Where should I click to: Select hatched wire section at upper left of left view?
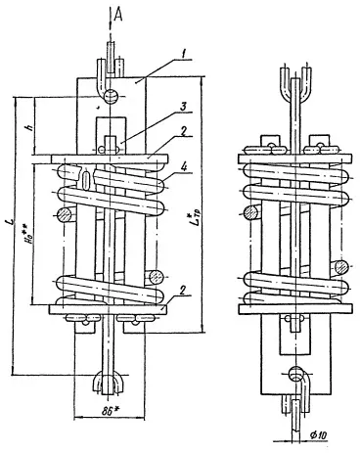coord(64,212)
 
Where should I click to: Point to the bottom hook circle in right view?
coord(296,373)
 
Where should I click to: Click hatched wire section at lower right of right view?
coord(338,266)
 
